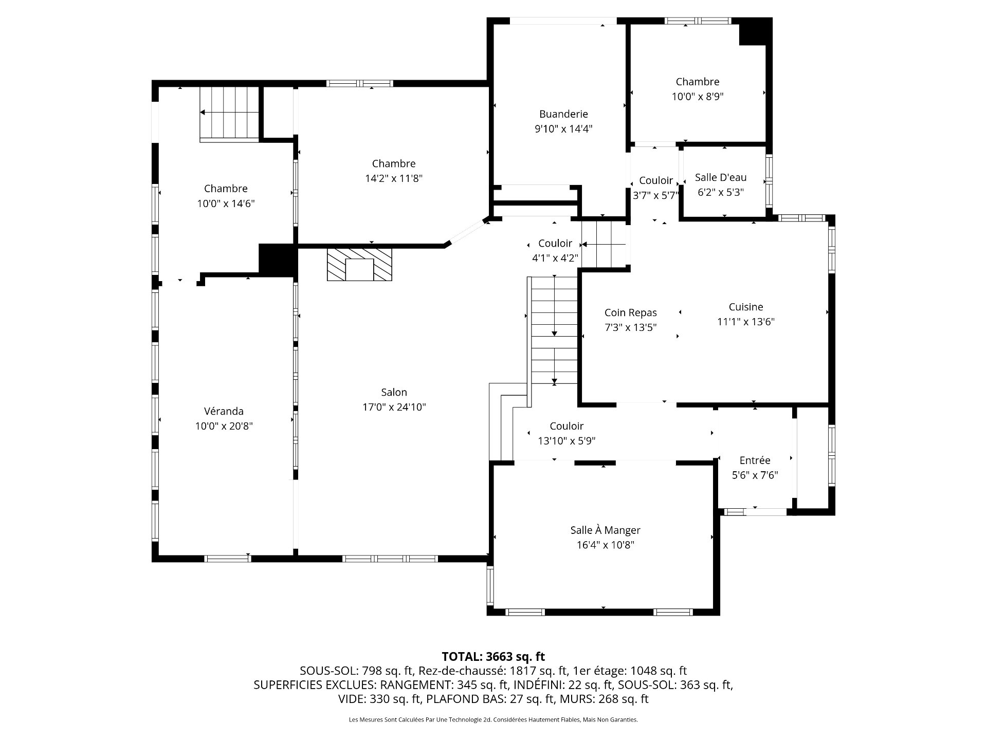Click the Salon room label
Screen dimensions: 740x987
pyautogui.click(x=394, y=392)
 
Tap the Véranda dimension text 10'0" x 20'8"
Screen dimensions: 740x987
pyautogui.click(x=224, y=426)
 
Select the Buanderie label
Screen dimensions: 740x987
pyautogui.click(x=563, y=114)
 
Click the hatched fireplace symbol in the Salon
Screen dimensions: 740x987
pyautogui.click(x=359, y=265)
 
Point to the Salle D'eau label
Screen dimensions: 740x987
pyautogui.click(x=720, y=177)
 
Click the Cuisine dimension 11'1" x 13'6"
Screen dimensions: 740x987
pyautogui.click(x=745, y=322)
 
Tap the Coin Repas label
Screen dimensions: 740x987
pyautogui.click(x=630, y=312)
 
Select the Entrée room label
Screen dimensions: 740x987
pyautogui.click(x=755, y=460)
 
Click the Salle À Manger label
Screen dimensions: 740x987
pyautogui.click(x=605, y=530)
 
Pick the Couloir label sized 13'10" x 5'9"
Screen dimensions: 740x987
pyautogui.click(x=566, y=426)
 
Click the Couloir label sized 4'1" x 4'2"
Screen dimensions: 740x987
pyautogui.click(x=555, y=244)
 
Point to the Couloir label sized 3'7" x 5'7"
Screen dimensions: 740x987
pyautogui.click(x=655, y=181)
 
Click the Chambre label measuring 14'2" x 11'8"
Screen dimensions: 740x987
pyautogui.click(x=393, y=163)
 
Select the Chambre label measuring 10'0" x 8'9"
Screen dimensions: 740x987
pyautogui.click(x=697, y=82)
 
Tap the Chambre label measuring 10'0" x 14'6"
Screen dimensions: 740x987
pyautogui.click(x=226, y=189)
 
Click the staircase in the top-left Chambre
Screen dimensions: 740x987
pyautogui.click(x=229, y=113)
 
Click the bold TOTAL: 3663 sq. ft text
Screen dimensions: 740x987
pyautogui.click(x=493, y=656)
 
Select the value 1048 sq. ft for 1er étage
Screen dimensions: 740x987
pyautogui.click(x=659, y=671)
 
